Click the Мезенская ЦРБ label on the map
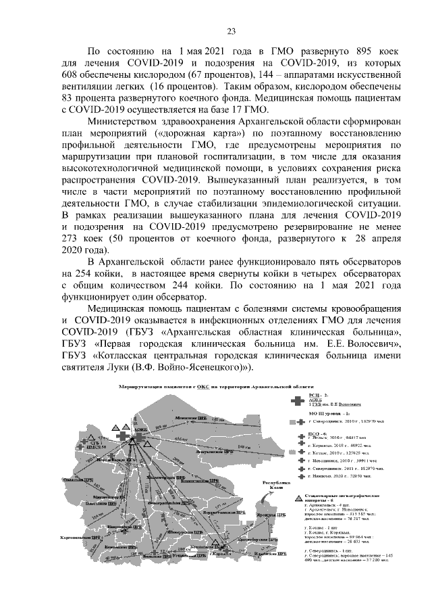pyautogui.click(x=190, y=419)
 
